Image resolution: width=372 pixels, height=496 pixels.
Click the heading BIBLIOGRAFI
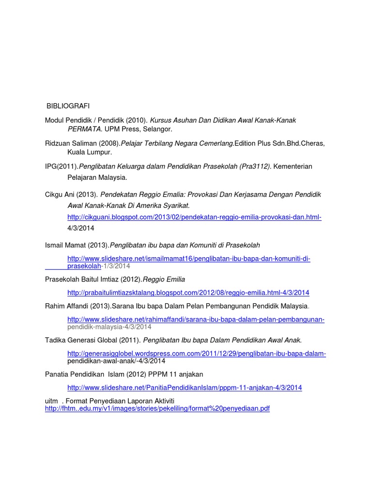(68, 106)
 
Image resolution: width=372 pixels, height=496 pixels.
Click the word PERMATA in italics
(84, 129)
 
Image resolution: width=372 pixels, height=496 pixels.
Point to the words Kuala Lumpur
(90, 152)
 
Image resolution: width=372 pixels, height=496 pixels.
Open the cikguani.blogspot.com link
(194, 217)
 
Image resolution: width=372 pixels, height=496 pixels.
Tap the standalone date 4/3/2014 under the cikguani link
(81, 228)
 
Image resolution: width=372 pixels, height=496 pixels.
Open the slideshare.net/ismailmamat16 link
(188, 259)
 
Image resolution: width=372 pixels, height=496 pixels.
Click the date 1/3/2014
(117, 266)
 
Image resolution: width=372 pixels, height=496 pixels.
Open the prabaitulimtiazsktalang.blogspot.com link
(188, 293)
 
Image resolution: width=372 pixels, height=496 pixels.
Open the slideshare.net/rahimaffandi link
(196, 320)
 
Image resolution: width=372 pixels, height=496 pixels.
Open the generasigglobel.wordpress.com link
(196, 354)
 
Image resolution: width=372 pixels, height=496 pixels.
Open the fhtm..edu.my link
(157, 409)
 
